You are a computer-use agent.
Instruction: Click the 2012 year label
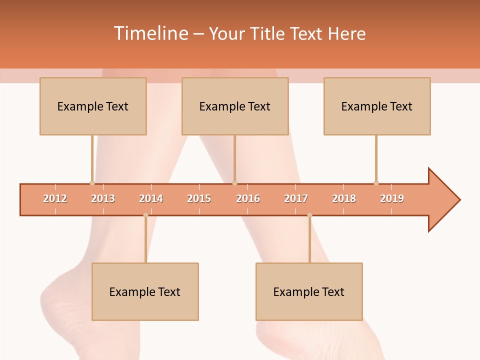55,198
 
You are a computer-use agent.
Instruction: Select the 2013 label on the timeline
103,198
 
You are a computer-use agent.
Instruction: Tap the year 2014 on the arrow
151,198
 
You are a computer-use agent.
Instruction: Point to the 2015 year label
199,198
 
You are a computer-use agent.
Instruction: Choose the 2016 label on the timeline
248,198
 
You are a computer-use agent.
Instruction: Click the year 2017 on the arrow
296,198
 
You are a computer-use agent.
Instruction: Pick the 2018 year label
344,198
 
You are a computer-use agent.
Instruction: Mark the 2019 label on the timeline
392,198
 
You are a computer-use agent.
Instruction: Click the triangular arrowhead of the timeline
442,200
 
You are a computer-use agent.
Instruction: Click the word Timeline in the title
150,33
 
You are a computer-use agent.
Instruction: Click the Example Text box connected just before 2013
93,106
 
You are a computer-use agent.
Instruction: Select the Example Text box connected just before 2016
235,106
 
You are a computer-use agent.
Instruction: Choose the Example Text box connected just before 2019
377,106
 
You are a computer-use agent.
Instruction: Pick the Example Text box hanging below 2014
145,291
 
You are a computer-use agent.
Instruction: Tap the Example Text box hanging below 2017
309,291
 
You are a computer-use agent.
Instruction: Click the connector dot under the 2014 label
145,215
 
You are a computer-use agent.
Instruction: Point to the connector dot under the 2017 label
309,215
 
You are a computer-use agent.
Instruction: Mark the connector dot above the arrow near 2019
376,183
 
